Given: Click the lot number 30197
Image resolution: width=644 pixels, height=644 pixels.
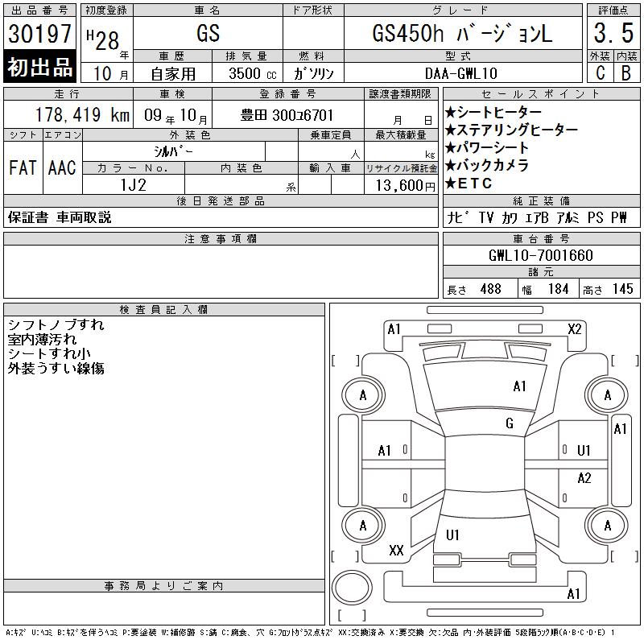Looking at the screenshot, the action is (39, 34).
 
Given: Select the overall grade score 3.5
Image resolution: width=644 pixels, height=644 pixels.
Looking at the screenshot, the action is (613, 33).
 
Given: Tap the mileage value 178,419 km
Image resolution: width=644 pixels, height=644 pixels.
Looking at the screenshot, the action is (82, 114).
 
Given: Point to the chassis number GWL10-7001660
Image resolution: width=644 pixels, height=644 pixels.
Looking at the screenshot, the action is (540, 255).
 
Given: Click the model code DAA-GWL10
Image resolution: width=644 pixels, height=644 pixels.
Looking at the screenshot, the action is (460, 73).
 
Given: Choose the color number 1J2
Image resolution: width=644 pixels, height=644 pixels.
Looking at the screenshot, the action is (133, 185).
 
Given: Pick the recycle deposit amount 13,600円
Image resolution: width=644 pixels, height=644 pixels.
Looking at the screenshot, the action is (406, 186).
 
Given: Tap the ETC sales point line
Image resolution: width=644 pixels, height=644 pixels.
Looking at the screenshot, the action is (469, 184).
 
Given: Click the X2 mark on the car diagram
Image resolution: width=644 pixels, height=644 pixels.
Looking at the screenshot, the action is (575, 329).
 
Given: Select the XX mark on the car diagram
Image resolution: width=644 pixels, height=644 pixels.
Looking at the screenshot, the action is (396, 551).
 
